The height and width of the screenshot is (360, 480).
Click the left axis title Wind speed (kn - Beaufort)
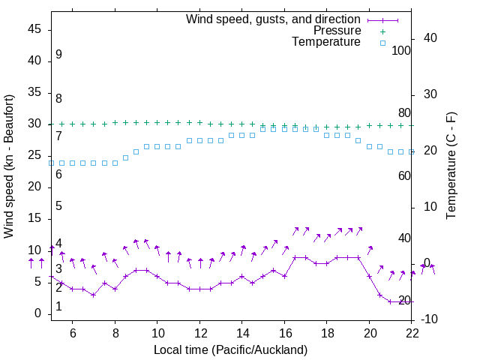9,166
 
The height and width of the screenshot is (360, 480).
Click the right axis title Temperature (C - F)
451,166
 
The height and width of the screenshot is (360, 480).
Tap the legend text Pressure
337,31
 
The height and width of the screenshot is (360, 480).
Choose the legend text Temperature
326,43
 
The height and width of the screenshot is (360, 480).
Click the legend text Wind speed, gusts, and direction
273,19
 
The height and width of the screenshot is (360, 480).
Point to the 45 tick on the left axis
34,29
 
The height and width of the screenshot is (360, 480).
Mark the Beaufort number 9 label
58,55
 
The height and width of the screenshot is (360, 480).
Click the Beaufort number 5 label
58,206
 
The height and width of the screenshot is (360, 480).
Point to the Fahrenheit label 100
401,50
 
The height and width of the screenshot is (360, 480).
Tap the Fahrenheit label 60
404,175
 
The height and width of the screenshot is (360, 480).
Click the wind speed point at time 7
93,295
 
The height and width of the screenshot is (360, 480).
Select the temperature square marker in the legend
382,43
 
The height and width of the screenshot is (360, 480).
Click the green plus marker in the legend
382,31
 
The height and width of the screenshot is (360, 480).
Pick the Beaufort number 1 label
58,307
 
